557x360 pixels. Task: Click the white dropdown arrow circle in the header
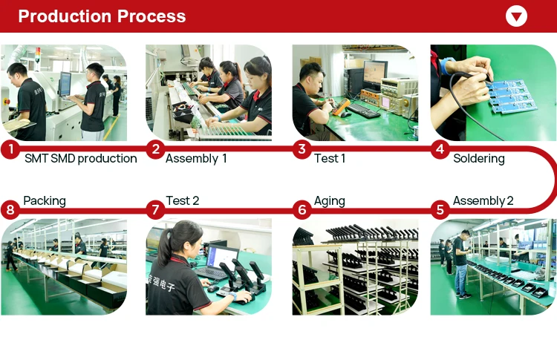tap(516, 16)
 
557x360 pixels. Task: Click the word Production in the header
tap(65, 16)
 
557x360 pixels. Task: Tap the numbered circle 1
tap(10, 149)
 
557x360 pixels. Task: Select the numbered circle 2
tap(155, 149)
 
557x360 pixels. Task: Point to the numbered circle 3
tap(302, 149)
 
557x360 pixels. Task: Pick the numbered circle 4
tap(440, 149)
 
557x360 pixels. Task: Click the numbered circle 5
tap(440, 209)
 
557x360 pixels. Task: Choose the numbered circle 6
tap(302, 209)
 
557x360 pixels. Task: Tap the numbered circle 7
tap(155, 209)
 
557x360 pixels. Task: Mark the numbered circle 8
tap(10, 209)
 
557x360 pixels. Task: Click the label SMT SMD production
tap(81, 158)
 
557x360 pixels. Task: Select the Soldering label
tap(479, 159)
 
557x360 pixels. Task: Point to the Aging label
tap(329, 201)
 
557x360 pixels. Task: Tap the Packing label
tap(45, 201)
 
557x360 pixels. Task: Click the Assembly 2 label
tap(483, 201)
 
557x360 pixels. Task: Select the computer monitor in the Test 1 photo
tap(375, 74)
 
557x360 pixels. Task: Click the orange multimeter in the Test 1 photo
tap(340, 106)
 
